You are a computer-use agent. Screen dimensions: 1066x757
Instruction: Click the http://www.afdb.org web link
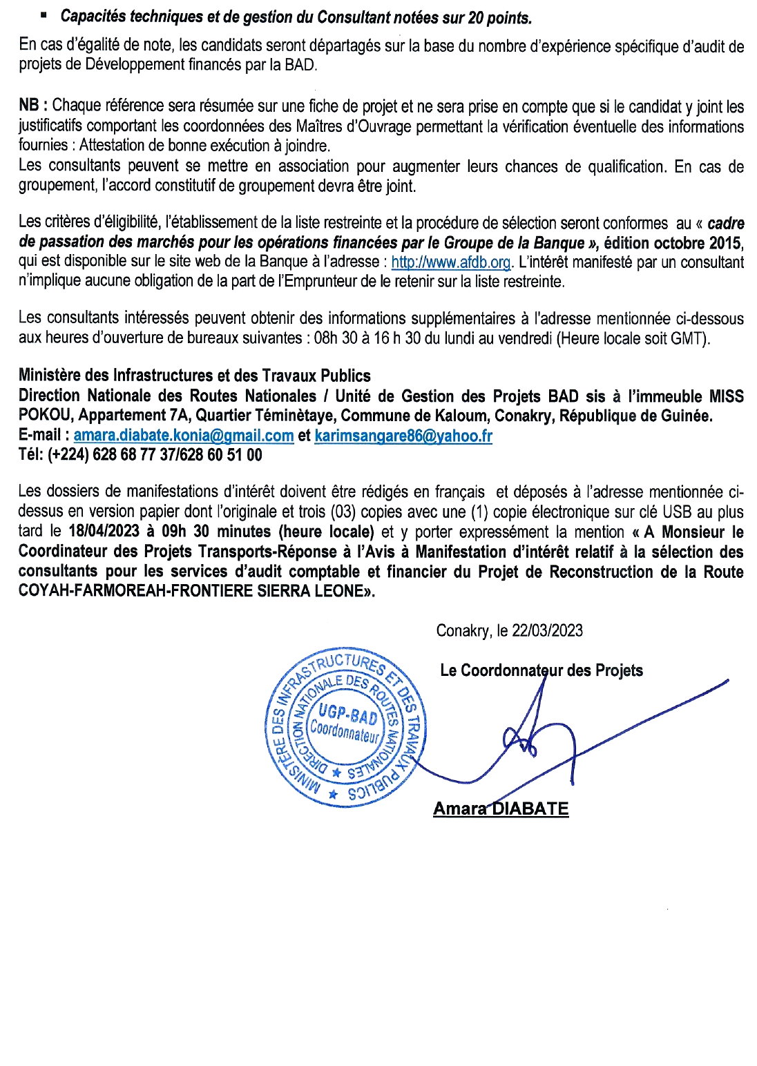point(450,262)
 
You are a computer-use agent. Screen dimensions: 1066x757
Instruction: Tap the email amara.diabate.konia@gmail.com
point(184,436)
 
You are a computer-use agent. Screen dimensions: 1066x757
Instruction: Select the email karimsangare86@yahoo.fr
point(403,436)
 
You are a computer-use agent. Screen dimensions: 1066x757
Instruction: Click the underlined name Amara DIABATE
point(501,808)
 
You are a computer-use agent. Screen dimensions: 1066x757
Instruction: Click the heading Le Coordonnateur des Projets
point(541,670)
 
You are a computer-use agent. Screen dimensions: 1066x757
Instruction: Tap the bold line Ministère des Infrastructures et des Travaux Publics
point(194,376)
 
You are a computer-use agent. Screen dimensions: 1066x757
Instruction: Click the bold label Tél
point(30,455)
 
